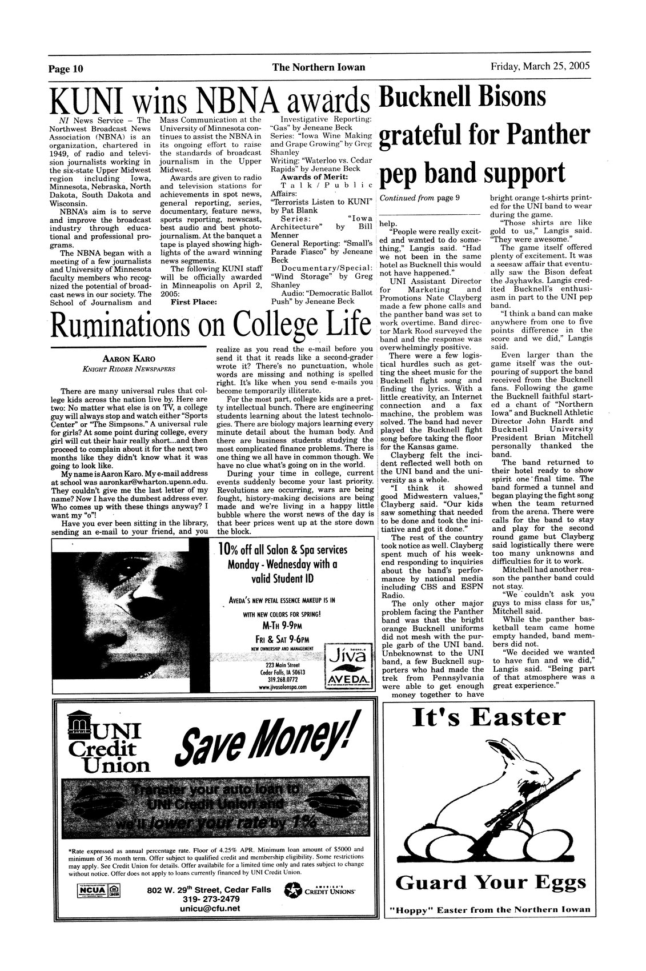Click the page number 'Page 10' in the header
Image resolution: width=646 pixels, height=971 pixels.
(66, 69)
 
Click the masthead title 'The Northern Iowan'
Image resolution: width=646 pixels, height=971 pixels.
(318, 67)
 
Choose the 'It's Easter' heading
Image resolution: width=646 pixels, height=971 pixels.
(489, 717)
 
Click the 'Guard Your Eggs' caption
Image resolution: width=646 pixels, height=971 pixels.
(489, 883)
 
